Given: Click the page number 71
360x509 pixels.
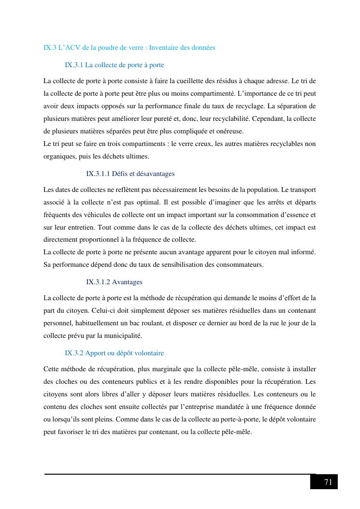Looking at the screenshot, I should pyautogui.click(x=328, y=482).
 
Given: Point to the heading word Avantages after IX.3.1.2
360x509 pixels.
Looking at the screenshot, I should pyautogui.click(x=127, y=282).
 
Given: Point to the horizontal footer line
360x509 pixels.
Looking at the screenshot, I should pyautogui.click(x=179, y=474).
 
